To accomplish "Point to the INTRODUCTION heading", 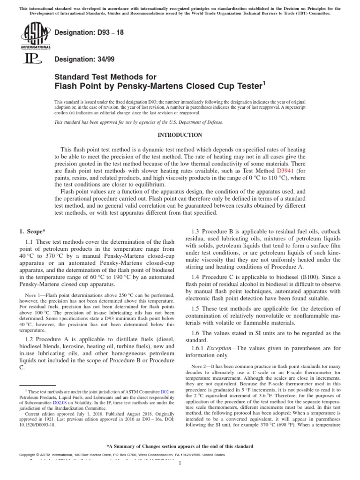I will point(180,135).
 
